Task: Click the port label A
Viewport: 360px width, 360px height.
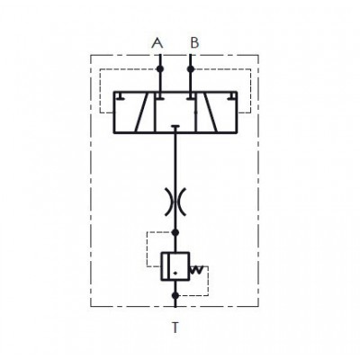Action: (157, 43)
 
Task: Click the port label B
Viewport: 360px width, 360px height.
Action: (194, 42)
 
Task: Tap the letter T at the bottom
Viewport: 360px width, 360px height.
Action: (175, 328)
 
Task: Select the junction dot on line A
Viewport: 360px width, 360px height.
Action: (160, 69)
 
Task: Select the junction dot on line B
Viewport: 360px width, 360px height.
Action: (191, 69)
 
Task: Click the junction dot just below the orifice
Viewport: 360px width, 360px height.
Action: (175, 232)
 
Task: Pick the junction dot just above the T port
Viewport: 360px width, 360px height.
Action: (175, 295)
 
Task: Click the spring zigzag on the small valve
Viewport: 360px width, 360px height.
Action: (196, 270)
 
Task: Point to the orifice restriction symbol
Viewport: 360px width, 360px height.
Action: (175, 202)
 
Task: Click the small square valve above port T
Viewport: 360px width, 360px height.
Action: (175, 266)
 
